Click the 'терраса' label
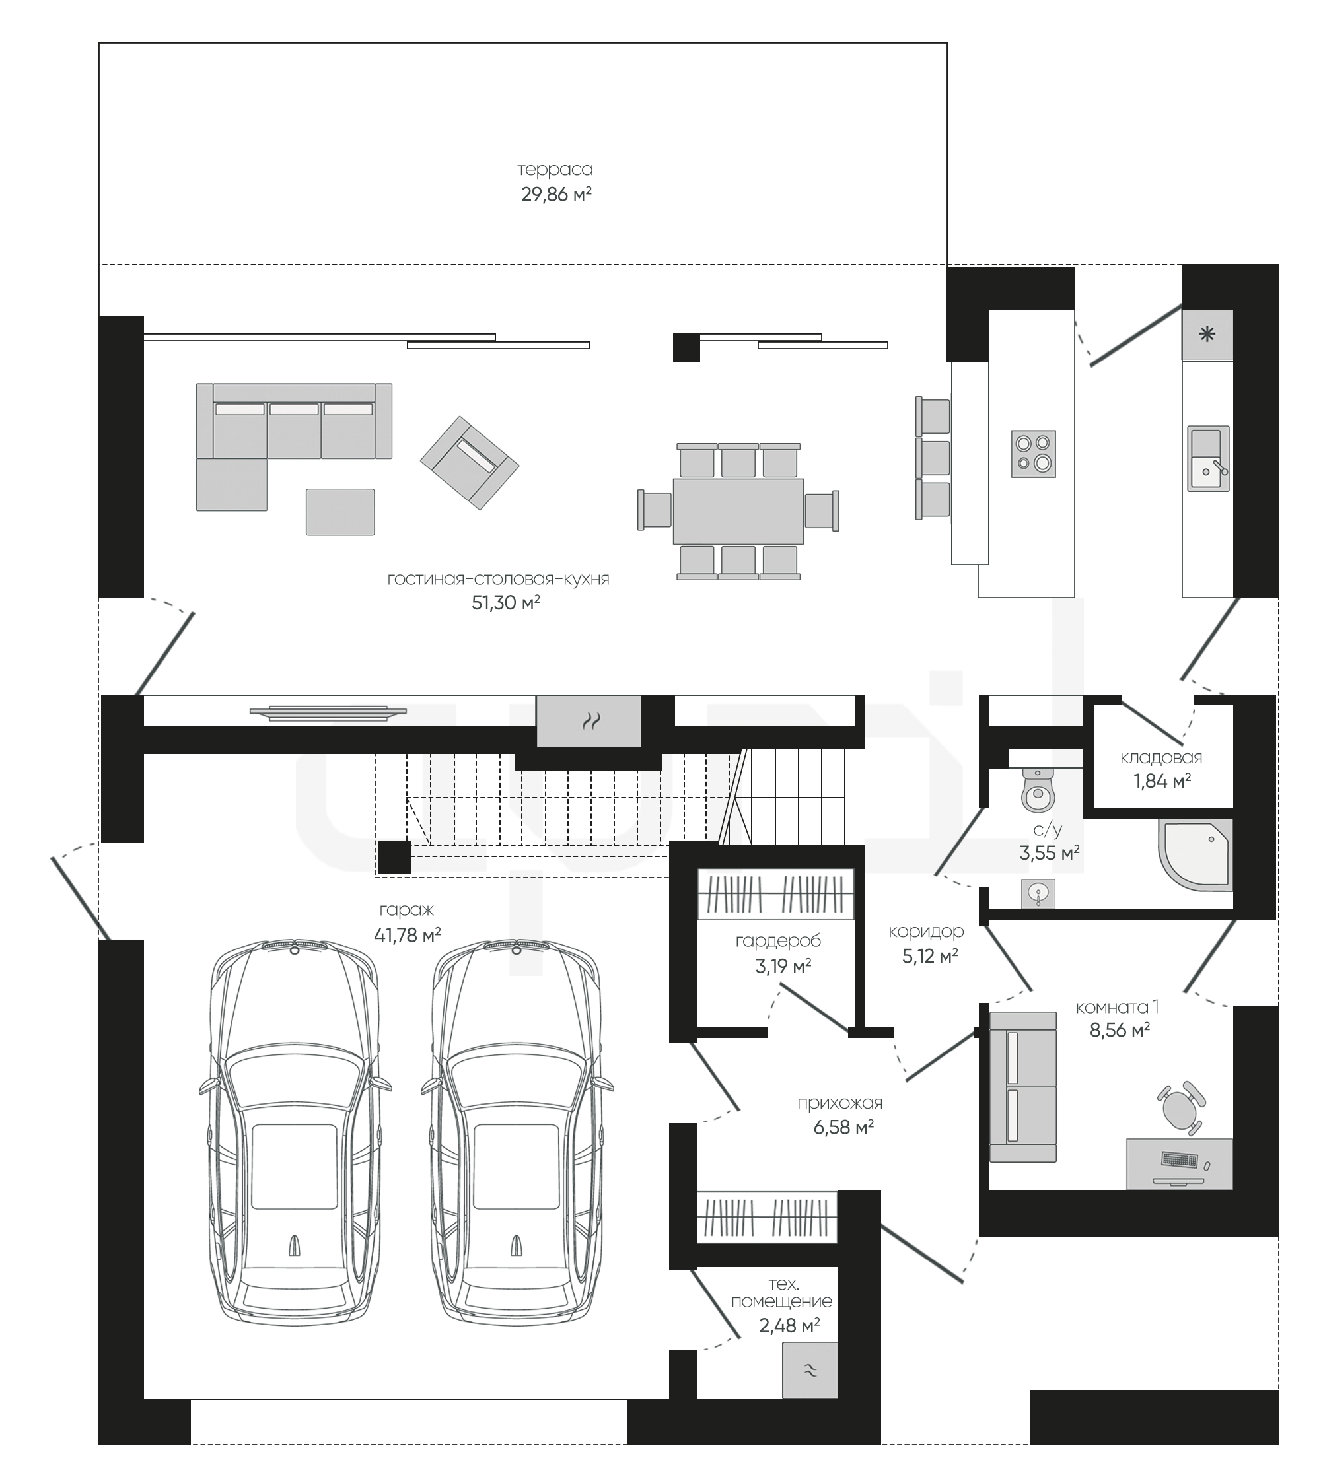pos(555,170)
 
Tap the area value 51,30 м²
pos(506,603)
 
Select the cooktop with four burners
pos(1034,454)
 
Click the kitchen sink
pos(1209,458)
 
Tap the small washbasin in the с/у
pos(1038,894)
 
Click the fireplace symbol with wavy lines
pos(589,721)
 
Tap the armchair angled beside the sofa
pos(470,462)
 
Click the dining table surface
pos(738,512)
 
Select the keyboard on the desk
pos(1180,1160)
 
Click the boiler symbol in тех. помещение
pos(810,1371)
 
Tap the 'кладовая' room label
pos(1161,758)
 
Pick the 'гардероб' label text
pos(778,942)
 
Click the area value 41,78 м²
pos(407,935)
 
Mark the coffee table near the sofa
pos(340,512)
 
